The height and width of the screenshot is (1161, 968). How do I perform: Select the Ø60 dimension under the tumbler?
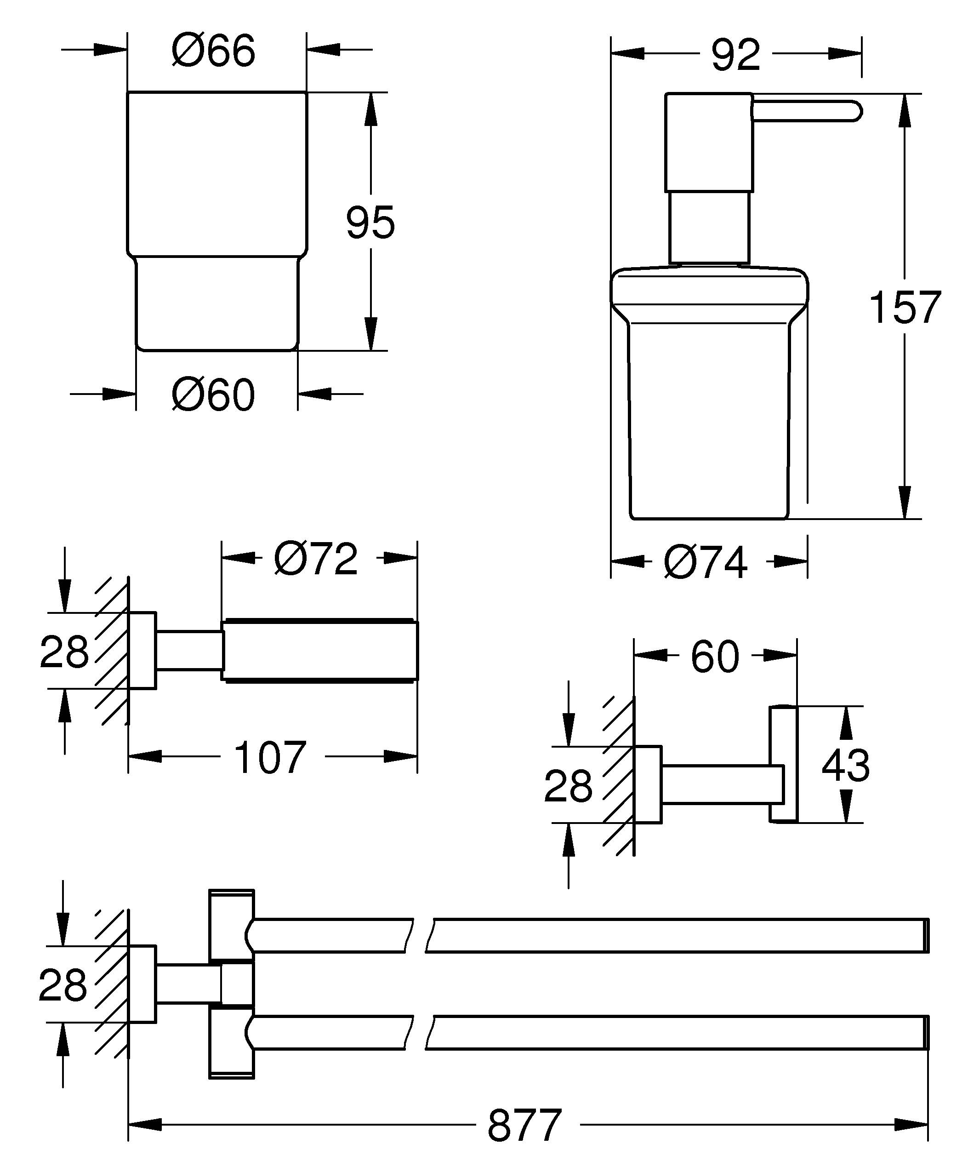(213, 395)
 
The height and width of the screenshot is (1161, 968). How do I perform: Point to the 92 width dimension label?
(735, 55)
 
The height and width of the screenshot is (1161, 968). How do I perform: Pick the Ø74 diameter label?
(706, 562)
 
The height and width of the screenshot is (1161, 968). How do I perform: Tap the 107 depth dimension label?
(270, 757)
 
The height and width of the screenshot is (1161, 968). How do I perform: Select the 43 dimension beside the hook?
(845, 765)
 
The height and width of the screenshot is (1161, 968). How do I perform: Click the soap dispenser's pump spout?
(807, 110)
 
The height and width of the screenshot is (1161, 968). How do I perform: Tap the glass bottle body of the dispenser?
(709, 420)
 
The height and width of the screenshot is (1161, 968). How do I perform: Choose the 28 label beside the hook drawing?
(568, 786)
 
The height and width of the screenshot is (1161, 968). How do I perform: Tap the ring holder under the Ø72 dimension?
(319, 651)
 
